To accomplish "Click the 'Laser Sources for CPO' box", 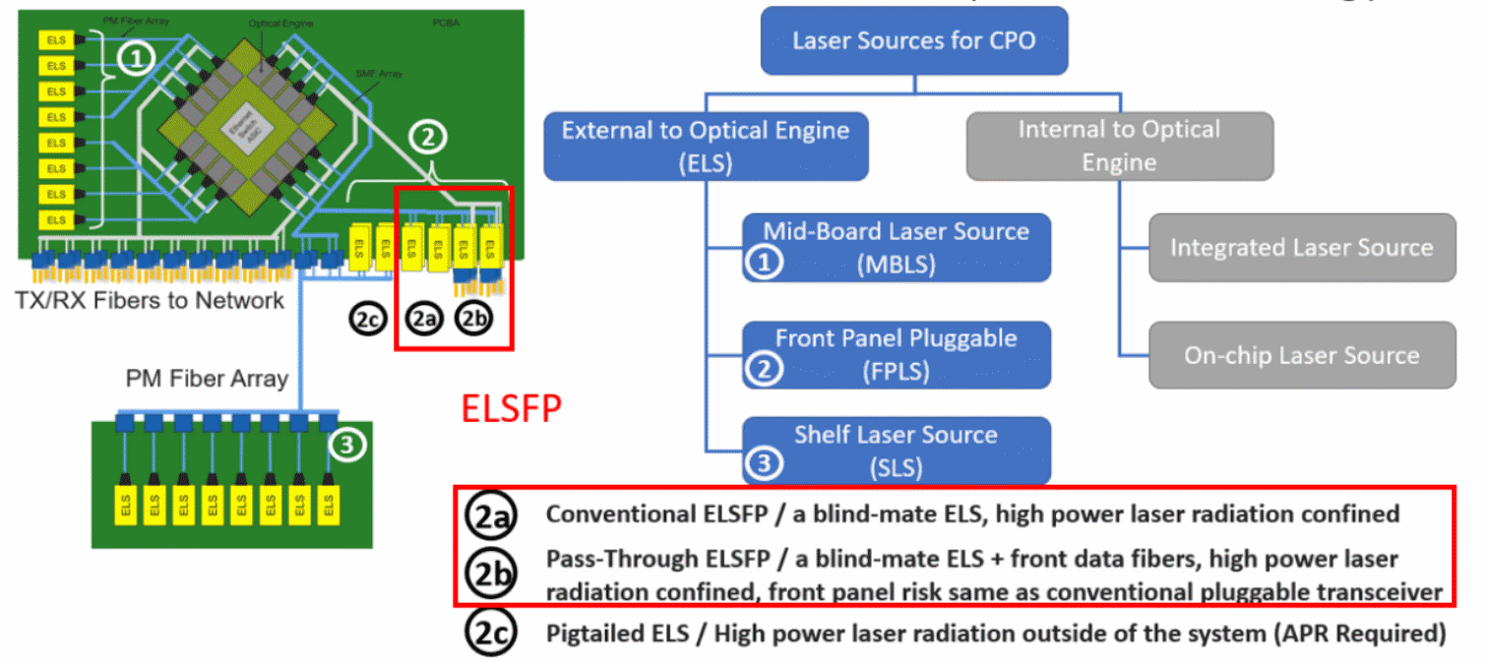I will click(913, 41).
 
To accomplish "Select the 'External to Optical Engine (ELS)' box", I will click(706, 146).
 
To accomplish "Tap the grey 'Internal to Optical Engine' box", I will click(1119, 146).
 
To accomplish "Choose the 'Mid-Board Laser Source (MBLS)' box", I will click(896, 247).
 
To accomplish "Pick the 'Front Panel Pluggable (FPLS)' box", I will click(896, 354).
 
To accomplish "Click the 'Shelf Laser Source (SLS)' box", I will click(896, 451).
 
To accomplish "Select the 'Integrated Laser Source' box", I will click(1301, 247).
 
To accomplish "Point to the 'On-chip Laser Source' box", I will click(1301, 354).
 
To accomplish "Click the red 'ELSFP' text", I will click(512, 408).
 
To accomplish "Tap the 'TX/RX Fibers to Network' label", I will click(152, 300).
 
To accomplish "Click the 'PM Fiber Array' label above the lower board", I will click(207, 378).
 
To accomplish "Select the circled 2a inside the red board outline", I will click(424, 320).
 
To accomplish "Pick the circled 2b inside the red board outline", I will click(475, 320).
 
